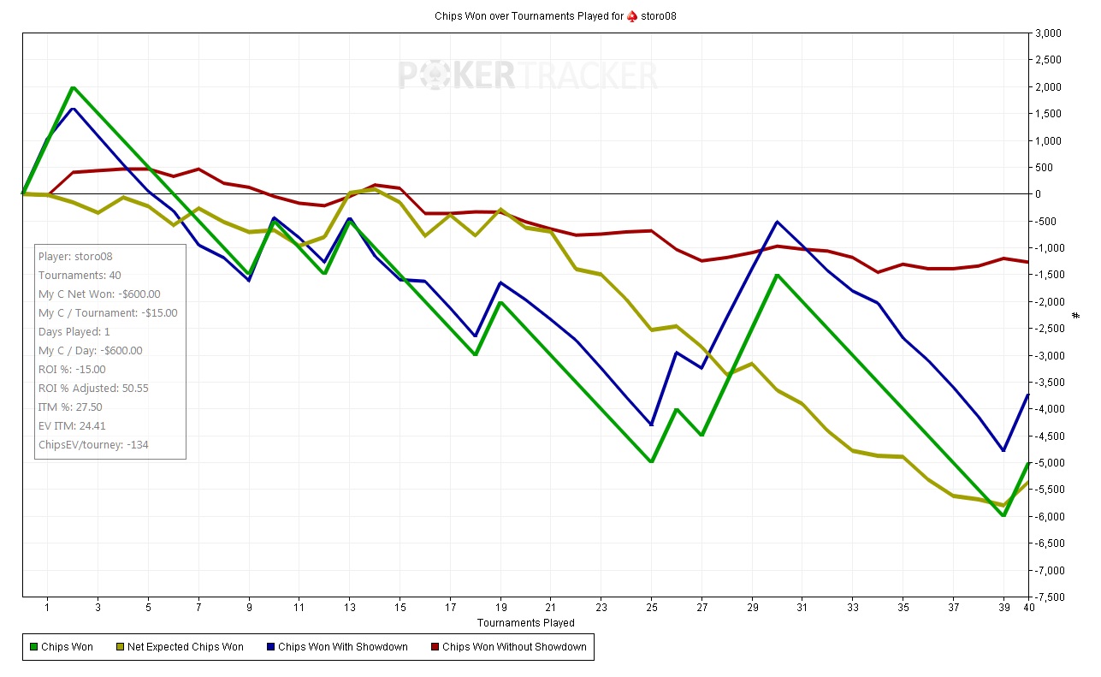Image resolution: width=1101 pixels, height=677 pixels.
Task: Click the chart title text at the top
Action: [x=556, y=16]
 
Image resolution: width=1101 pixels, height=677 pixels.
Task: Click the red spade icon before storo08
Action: [x=632, y=16]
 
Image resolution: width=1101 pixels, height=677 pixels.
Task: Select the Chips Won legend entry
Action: [x=61, y=647]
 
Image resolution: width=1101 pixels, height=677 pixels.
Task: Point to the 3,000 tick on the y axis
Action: [x=1048, y=33]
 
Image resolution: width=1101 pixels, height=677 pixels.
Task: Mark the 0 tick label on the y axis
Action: [x=1038, y=194]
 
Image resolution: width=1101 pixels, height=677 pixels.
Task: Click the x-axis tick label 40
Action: [x=1029, y=607]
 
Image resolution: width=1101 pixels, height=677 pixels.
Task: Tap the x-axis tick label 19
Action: [x=500, y=607]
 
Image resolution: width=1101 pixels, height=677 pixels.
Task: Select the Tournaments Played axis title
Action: [x=525, y=622]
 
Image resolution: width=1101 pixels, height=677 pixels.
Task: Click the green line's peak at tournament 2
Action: [x=73, y=87]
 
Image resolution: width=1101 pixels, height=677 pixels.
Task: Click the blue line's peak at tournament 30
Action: [x=777, y=222]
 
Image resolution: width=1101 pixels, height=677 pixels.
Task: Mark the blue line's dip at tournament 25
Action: [x=651, y=425]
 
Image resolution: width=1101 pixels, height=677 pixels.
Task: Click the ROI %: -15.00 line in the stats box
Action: [x=72, y=369]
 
